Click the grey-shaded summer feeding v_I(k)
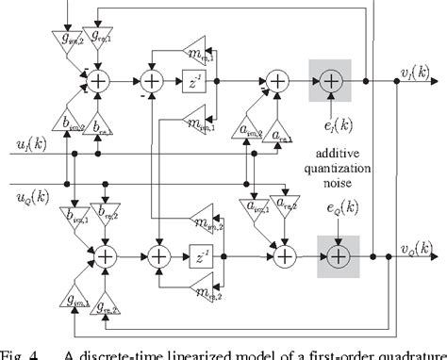click(x=331, y=84)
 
